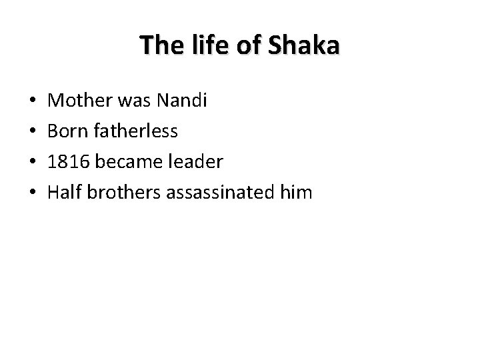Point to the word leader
tap(190, 162)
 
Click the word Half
tap(65, 193)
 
